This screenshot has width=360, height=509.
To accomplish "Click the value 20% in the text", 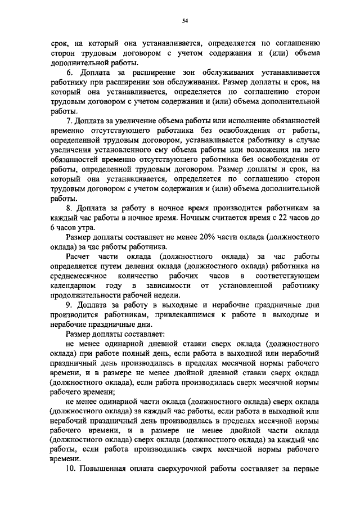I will [x=185, y=237].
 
